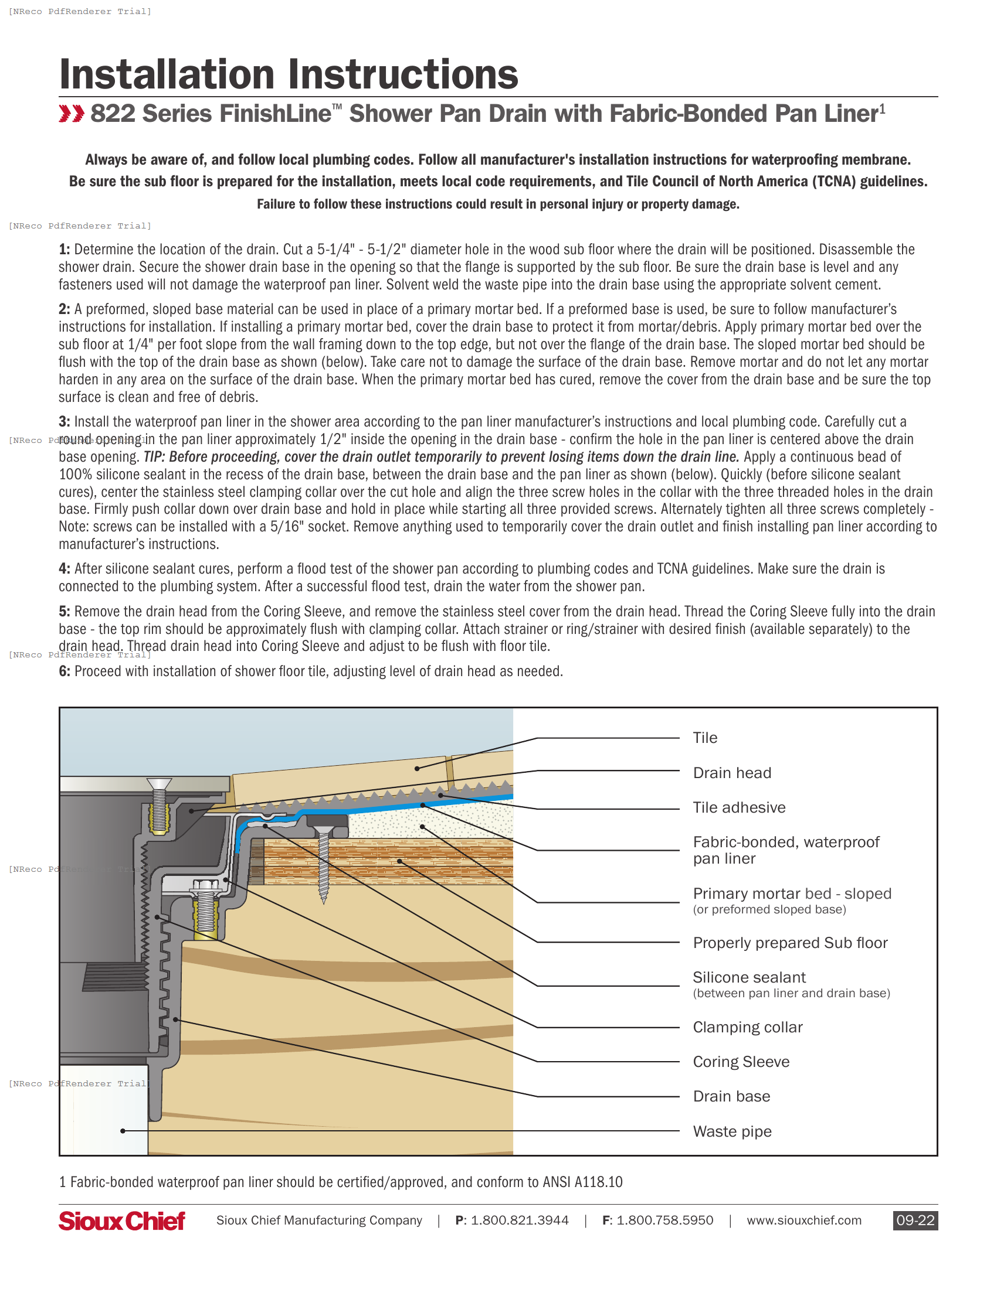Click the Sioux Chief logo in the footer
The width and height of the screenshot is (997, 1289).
(x=121, y=1220)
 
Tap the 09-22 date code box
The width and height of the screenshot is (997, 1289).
(x=915, y=1220)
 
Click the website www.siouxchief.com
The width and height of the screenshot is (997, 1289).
(x=804, y=1220)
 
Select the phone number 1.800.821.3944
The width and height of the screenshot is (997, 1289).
(x=519, y=1220)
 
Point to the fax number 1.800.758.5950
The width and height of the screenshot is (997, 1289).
(x=664, y=1220)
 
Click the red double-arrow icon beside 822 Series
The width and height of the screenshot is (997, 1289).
(x=72, y=114)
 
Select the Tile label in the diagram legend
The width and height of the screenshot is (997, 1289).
(x=704, y=738)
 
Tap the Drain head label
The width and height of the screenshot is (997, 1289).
(x=732, y=773)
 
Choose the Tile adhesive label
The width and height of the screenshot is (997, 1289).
(x=739, y=807)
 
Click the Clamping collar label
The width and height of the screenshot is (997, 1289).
(x=747, y=1027)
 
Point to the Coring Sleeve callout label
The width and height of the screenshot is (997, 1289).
(x=741, y=1062)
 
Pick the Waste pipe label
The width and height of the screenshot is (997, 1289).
(x=732, y=1131)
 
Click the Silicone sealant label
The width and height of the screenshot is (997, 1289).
(x=749, y=977)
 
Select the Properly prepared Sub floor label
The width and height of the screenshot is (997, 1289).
(x=790, y=943)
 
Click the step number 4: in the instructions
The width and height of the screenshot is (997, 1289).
(x=65, y=569)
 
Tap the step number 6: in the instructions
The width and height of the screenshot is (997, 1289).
(x=65, y=671)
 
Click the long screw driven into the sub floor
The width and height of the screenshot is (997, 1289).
(x=323, y=865)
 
